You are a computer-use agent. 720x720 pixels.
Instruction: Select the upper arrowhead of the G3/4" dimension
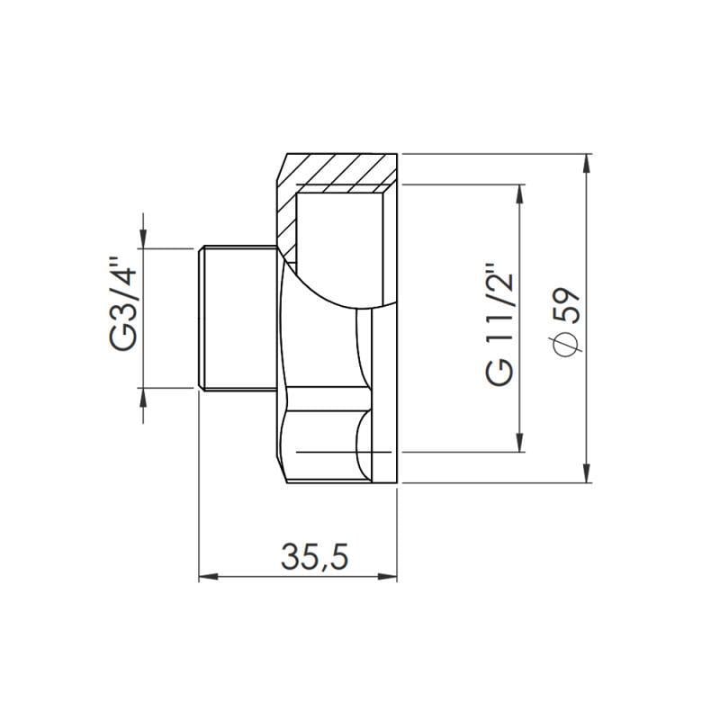(142, 237)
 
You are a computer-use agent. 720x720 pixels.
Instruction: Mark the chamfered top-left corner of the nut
(282, 166)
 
